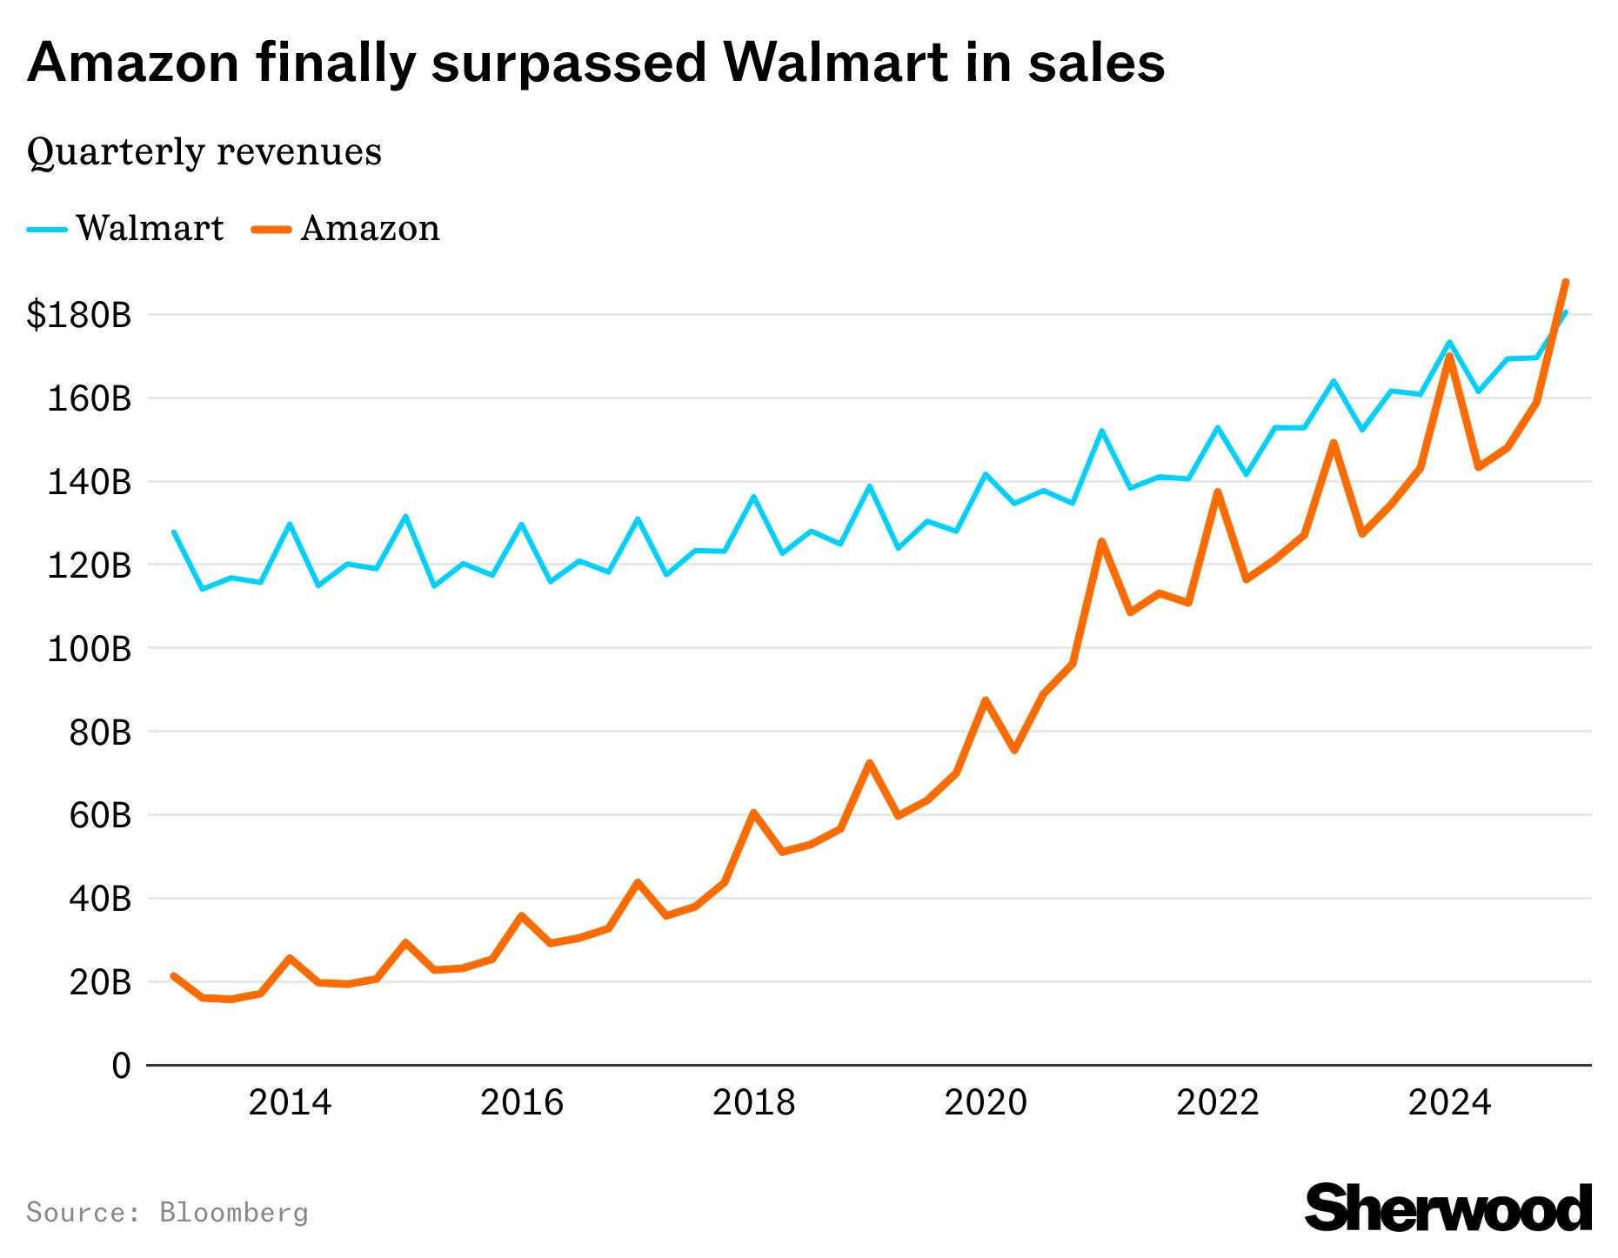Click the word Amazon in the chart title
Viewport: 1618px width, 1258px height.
[x=132, y=63]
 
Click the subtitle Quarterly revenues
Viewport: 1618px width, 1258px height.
[x=204, y=152]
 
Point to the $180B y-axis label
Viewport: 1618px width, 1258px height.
[x=79, y=315]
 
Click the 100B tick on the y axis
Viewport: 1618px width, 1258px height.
[x=89, y=649]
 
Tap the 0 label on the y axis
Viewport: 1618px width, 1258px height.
[x=121, y=1066]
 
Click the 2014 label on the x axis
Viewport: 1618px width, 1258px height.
[x=290, y=1103]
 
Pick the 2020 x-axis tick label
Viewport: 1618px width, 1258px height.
[x=986, y=1103]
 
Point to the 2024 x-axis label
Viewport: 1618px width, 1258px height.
[x=1449, y=1103]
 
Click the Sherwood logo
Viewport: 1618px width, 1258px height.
[x=1448, y=1208]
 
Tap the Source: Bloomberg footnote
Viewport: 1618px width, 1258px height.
[x=168, y=1212]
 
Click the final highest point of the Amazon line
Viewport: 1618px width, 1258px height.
[x=1565, y=282]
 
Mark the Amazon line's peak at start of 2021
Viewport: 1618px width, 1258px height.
[x=1101, y=541]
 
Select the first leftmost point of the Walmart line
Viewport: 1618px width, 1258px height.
[x=174, y=532]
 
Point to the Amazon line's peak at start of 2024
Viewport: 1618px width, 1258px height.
[x=1449, y=356]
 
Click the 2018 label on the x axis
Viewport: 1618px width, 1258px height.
[x=753, y=1103]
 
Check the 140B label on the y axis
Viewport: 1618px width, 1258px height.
[x=89, y=482]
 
